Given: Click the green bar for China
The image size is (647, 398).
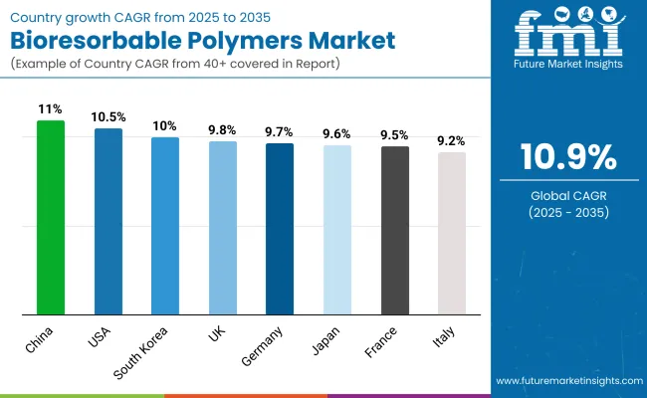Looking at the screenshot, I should [51, 217].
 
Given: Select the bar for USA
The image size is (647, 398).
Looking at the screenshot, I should [108, 221].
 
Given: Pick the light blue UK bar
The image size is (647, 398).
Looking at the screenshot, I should [223, 228].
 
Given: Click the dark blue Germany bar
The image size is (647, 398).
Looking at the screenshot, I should [280, 229].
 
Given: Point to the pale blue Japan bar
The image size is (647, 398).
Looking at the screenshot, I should [337, 230].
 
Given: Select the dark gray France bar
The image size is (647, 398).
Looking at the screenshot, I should [395, 230].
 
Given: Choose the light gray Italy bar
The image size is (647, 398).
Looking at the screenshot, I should [452, 233].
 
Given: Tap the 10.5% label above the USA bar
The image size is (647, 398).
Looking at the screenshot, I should [108, 114].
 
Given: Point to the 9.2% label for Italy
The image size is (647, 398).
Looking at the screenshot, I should [452, 141].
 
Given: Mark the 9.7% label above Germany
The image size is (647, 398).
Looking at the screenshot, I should [280, 131].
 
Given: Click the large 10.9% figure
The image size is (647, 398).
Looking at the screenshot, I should [567, 158].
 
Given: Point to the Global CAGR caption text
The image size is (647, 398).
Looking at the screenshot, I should [567, 195].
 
